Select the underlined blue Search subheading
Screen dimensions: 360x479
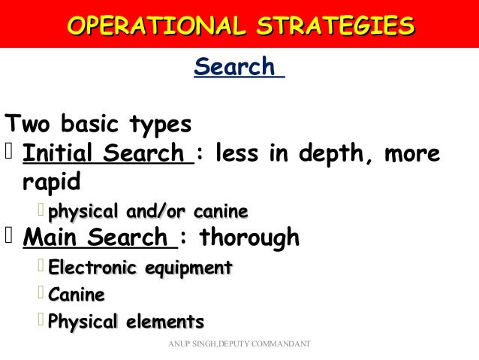(235, 67)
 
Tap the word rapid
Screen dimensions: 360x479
(52, 183)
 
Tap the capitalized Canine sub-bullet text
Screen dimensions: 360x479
(77, 295)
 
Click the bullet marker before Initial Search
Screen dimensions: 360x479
(9, 154)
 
